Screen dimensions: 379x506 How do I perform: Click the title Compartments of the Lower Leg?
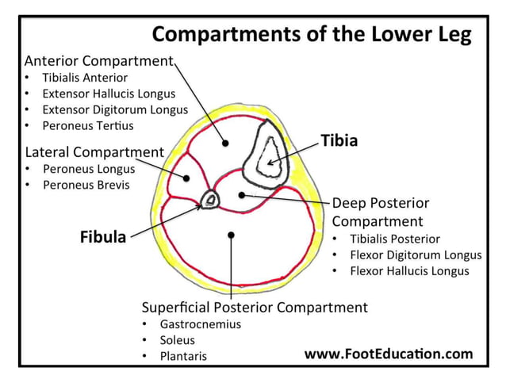pyautogui.click(x=311, y=35)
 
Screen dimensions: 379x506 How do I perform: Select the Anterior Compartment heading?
pyautogui.click(x=98, y=60)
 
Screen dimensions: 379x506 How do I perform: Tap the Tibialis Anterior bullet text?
pyautogui.click(x=85, y=78)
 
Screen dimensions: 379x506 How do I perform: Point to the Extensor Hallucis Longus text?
pyautogui.click(x=109, y=94)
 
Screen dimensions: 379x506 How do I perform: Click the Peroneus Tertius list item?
pyautogui.click(x=88, y=125)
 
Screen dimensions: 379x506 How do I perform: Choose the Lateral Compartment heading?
pyautogui.click(x=94, y=151)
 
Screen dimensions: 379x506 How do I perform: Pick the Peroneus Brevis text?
pyautogui.click(x=86, y=185)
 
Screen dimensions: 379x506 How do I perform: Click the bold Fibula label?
pyautogui.click(x=103, y=236)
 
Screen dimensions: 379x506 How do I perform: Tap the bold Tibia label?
pyautogui.click(x=339, y=141)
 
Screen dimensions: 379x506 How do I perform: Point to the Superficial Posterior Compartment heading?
pyautogui.click(x=255, y=307)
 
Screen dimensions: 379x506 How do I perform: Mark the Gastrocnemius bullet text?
pyautogui.click(x=200, y=323)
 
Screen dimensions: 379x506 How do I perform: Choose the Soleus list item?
pyautogui.click(x=177, y=339)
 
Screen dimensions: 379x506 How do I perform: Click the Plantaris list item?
pyautogui.click(x=183, y=356)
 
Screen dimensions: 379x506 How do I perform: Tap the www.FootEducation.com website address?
pyautogui.click(x=389, y=354)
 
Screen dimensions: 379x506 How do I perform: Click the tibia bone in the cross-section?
pyautogui.click(x=270, y=155)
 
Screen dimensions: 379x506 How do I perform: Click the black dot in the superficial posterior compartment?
pyautogui.click(x=231, y=234)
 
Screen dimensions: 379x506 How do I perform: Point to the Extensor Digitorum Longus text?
pyautogui.click(x=115, y=109)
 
